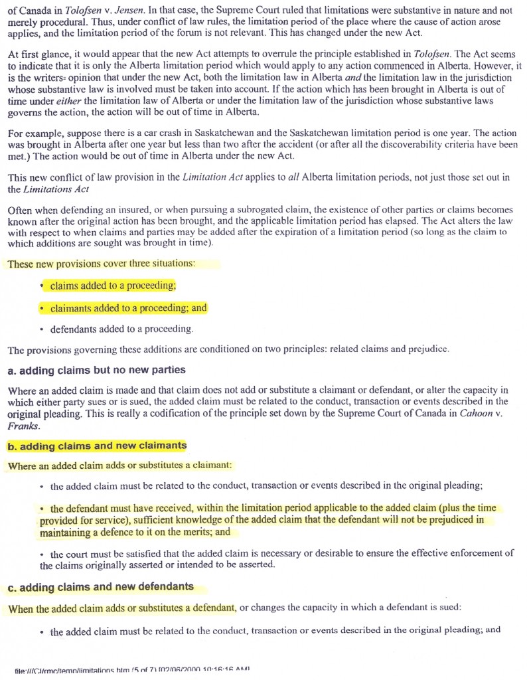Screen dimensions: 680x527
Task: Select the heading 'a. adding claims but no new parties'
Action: tap(96, 369)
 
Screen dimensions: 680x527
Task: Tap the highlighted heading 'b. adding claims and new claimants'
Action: tap(97, 446)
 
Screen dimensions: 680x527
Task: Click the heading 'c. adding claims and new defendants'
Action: tap(101, 586)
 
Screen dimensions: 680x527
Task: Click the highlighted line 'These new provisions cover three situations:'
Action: tap(102, 264)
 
